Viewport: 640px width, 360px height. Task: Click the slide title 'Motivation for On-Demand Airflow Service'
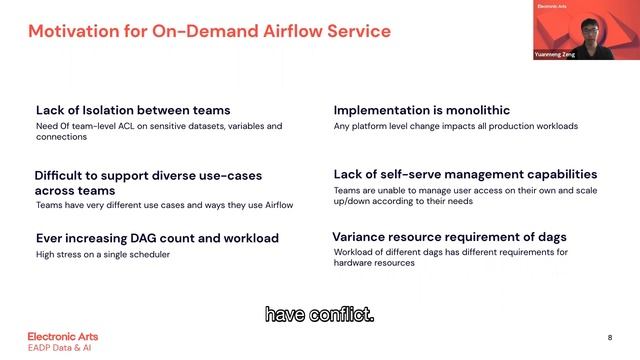coord(209,32)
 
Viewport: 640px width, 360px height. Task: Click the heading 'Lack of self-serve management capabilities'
coord(465,174)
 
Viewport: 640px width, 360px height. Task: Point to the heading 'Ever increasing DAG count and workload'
coord(157,238)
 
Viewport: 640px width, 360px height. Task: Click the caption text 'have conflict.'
coord(319,315)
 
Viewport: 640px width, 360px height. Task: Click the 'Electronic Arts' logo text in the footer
coord(62,336)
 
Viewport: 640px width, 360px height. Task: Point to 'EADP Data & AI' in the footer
coord(62,347)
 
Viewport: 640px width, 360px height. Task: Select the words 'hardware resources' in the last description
coord(374,262)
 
